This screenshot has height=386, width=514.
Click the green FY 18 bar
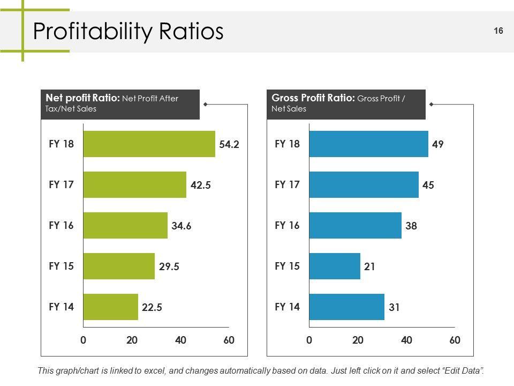tap(149, 144)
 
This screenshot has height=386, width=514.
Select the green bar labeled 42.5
tap(134, 184)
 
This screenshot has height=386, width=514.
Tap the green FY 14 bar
tap(110, 307)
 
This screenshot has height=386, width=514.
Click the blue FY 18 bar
tap(368, 144)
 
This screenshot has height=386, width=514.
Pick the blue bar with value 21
tap(335, 266)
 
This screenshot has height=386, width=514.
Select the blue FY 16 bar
tap(355, 225)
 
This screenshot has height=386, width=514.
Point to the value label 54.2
tap(229, 144)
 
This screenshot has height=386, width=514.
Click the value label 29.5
tap(169, 266)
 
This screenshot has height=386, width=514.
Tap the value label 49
tap(438, 144)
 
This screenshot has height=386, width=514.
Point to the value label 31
tap(394, 307)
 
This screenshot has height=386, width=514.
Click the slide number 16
tap(498, 31)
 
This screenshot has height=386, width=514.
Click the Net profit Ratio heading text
tap(82, 98)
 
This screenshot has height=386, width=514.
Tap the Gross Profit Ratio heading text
tap(313, 98)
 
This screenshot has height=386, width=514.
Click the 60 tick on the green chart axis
tap(229, 340)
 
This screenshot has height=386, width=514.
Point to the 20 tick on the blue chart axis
tap(358, 340)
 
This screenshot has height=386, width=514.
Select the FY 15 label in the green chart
tap(61, 266)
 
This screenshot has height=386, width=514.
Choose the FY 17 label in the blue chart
tap(287, 184)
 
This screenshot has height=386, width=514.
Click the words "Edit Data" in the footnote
tap(463, 371)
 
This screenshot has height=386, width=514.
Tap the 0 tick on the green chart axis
tap(84, 340)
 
